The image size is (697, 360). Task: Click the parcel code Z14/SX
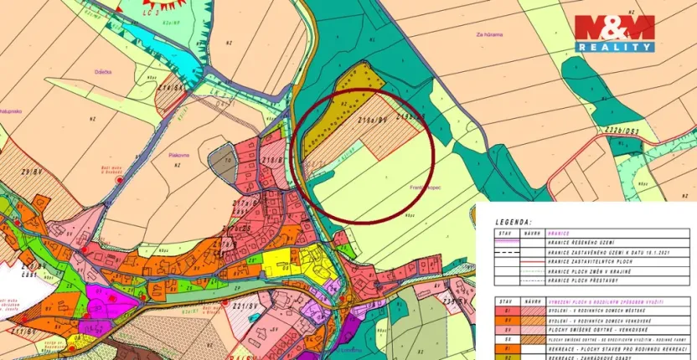[171, 87]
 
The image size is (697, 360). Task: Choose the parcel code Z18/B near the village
[272, 158]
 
